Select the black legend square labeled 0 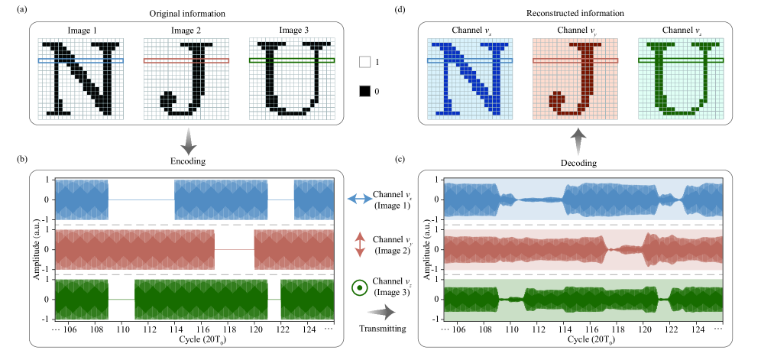(x=365, y=91)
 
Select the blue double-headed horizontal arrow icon (x=357, y=198)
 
